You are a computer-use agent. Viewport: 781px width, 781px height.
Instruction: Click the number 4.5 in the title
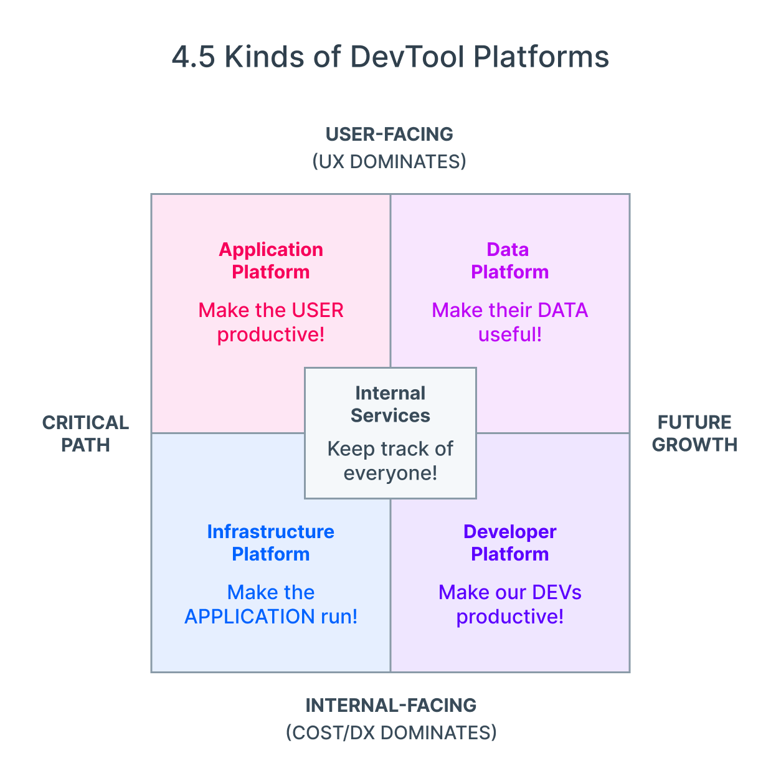(x=193, y=57)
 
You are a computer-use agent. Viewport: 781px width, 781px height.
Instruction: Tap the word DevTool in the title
(x=407, y=57)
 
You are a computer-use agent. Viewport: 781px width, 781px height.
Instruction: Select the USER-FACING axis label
(x=389, y=135)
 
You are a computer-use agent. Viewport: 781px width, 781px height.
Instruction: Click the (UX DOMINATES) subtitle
(x=389, y=162)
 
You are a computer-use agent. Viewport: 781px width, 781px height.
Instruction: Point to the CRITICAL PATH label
(x=85, y=433)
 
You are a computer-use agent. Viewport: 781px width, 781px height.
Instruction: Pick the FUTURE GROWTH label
(x=694, y=433)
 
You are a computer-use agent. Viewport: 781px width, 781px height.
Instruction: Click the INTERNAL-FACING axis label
(x=391, y=706)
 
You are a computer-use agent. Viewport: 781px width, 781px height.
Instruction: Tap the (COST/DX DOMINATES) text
(x=391, y=732)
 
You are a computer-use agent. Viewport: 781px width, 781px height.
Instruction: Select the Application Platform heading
(x=271, y=260)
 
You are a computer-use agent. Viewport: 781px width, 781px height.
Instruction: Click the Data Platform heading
(x=509, y=260)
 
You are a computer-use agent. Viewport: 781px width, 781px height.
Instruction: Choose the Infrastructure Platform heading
(x=271, y=542)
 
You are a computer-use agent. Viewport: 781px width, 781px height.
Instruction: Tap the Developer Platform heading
(x=509, y=542)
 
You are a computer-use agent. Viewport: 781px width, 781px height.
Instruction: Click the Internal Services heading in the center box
(x=391, y=404)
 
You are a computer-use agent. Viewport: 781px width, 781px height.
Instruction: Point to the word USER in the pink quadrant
(x=317, y=310)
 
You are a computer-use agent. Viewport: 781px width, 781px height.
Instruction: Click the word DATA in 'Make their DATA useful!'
(x=562, y=310)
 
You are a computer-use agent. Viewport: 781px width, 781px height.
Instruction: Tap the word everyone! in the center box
(x=391, y=473)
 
